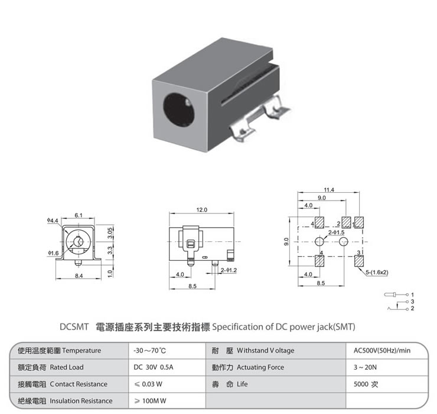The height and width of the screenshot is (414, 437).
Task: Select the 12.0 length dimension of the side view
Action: (201, 209)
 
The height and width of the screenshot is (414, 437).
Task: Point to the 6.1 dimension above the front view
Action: (79, 214)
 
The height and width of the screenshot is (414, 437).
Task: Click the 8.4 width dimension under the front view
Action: (79, 276)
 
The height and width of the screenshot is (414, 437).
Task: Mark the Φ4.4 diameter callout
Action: (53, 221)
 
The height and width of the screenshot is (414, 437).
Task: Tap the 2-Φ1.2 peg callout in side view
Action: (228, 270)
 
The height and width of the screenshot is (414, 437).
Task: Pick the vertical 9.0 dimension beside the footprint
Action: (286, 241)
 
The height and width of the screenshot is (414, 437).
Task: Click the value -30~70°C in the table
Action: (151, 351)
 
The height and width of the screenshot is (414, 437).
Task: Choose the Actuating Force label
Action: (260, 367)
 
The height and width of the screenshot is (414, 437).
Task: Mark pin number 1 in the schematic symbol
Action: (413, 294)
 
